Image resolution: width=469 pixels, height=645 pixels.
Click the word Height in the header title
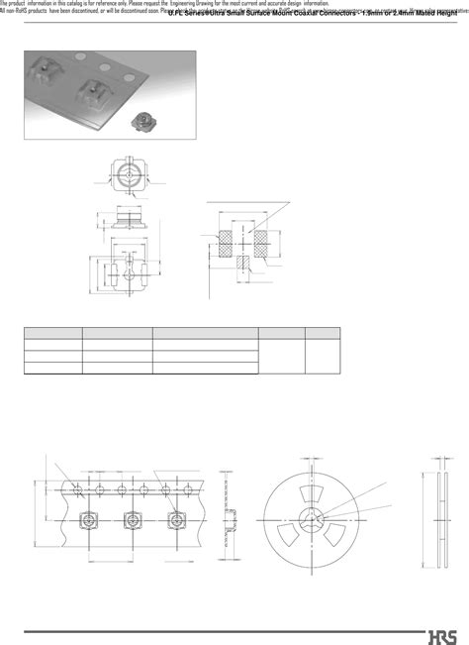443,20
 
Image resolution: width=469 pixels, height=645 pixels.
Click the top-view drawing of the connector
127,178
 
